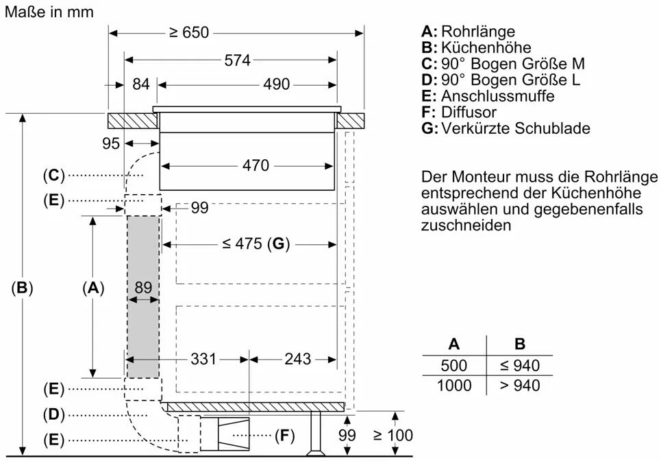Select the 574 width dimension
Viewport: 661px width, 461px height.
238,60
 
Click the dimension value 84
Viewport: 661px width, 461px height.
140,84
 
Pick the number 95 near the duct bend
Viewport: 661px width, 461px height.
111,143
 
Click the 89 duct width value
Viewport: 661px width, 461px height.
142,288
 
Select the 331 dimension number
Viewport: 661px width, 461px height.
203,359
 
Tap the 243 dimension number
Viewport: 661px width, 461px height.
297,359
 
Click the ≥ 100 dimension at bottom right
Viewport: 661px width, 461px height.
392,435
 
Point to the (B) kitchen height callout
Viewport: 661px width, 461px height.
23,289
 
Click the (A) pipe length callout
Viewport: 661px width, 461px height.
92,289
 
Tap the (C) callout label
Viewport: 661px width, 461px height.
53,176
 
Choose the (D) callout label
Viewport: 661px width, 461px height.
53,414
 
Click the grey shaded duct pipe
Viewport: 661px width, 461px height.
142,329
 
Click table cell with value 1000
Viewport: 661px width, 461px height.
454,386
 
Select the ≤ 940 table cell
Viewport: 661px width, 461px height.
520,366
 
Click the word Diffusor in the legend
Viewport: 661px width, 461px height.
469,112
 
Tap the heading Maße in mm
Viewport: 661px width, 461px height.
49,12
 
